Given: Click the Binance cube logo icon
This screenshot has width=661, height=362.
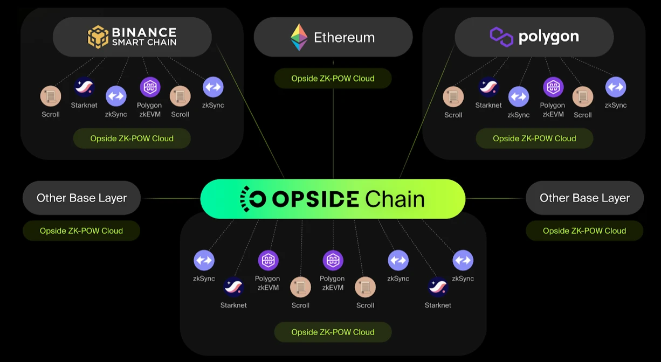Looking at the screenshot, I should coord(98,37).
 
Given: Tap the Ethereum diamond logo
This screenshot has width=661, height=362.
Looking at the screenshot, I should coord(299,37).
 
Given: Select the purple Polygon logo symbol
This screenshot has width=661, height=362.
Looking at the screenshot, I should coord(501,37).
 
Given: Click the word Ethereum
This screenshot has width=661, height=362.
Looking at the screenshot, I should coord(344,37).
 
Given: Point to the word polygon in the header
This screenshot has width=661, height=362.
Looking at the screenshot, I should coord(548,37).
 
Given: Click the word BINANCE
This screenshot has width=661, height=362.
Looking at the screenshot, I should coord(144,32).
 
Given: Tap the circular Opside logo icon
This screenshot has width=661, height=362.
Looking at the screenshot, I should coord(252,199).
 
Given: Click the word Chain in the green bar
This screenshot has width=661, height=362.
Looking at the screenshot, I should coord(395,199).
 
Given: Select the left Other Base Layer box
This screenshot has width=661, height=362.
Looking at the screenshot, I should coord(81,198).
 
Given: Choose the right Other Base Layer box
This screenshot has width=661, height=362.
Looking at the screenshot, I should coord(584,198).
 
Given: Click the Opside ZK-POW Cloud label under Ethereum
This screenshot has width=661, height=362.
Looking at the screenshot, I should coord(333,78).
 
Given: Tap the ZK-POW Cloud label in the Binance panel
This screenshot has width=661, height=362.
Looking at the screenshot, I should coord(132,138).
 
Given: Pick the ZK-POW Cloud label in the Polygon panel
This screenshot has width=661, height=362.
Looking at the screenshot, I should coord(534,138).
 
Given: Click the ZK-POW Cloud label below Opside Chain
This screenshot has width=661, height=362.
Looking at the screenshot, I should coord(333,332).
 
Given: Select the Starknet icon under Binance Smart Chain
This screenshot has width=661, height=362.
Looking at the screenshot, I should coord(84,87).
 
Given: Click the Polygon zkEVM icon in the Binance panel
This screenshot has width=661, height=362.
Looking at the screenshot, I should coord(150,87).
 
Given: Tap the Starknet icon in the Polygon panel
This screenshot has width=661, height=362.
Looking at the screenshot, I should coord(488,87).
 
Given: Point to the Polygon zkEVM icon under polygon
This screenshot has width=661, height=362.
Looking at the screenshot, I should coord(553,87).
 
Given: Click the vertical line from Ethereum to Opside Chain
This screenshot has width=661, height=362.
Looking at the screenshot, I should coord(333,135).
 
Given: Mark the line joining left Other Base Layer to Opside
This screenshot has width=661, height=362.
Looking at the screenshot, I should coord(170,198).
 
